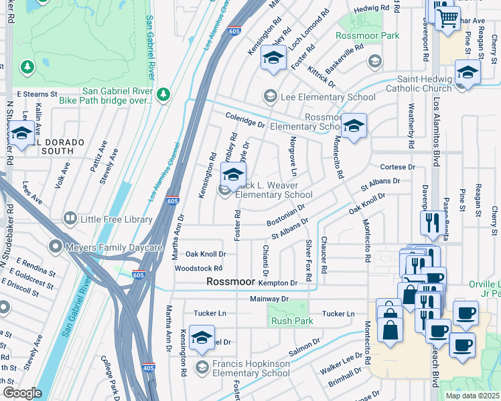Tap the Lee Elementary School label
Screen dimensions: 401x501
click(x=328, y=98)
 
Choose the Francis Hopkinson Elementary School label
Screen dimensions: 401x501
click(x=251, y=368)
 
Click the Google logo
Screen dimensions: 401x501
click(x=21, y=393)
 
